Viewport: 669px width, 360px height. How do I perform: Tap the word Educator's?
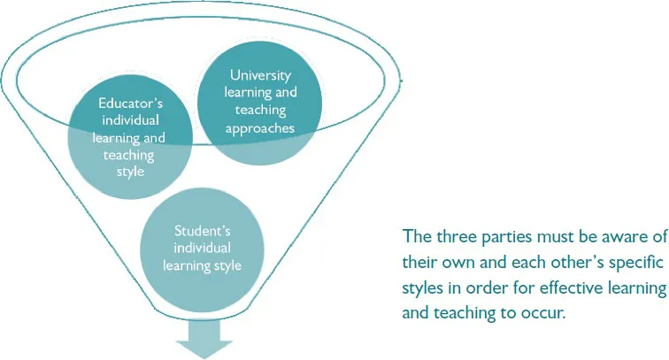[129, 103]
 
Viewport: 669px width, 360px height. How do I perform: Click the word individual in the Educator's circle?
[129, 120]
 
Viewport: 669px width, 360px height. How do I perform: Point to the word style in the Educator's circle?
[129, 171]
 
